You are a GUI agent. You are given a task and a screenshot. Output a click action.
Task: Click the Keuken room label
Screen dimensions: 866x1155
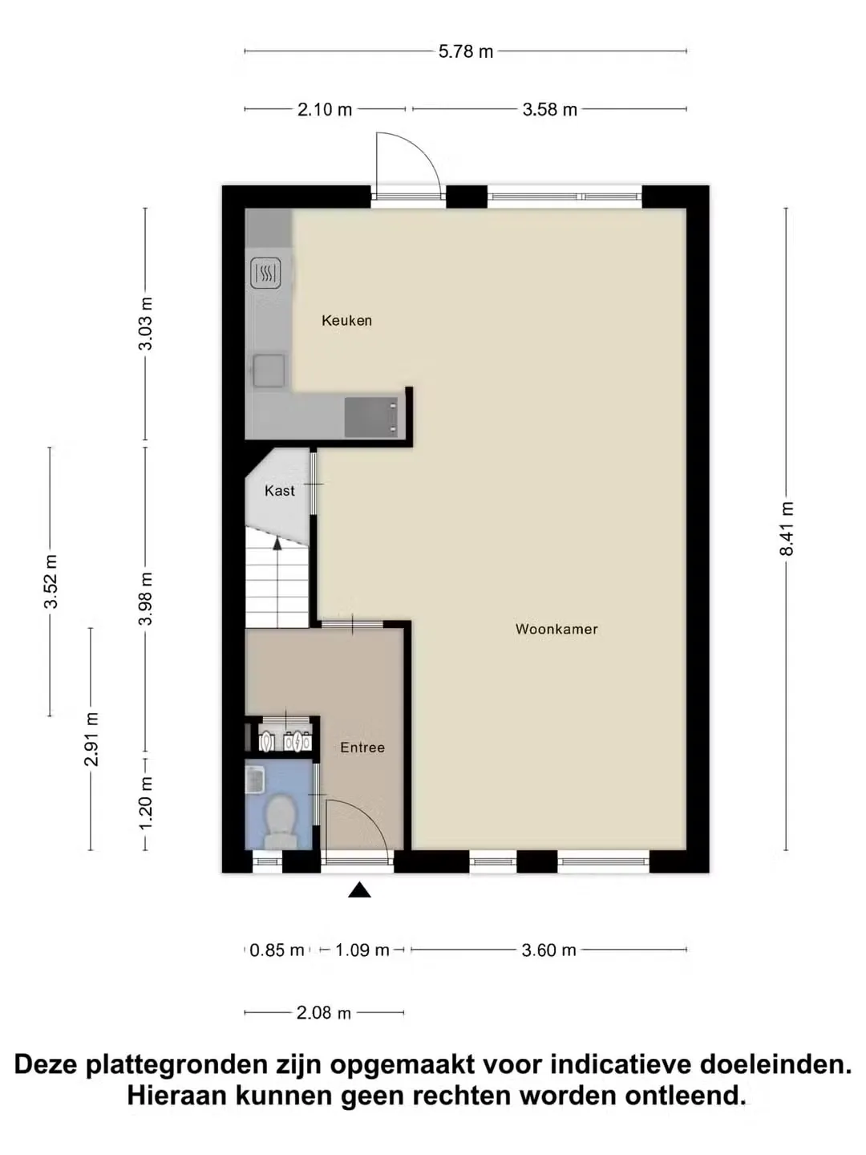346,321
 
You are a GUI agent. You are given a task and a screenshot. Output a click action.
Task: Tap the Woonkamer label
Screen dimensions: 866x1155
556,629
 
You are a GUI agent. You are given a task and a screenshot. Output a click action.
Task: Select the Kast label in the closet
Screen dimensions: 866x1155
279,491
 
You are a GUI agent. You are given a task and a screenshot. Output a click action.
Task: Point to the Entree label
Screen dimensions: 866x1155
362,748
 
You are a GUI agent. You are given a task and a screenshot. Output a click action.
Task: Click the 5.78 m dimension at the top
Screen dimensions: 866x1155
466,51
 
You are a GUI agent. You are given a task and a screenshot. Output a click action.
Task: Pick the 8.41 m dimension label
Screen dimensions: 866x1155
787,528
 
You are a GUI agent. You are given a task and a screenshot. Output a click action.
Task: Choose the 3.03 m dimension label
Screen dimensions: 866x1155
145,323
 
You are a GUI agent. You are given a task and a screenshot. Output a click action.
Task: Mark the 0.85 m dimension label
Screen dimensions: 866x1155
277,950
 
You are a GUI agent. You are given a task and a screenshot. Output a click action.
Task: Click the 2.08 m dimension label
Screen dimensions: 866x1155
323,1013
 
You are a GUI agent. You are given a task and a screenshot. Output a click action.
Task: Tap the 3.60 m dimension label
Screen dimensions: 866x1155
548,950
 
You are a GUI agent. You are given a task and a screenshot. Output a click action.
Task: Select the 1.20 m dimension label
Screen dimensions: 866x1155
145,802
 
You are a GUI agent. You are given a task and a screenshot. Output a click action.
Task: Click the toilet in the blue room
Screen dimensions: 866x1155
281,821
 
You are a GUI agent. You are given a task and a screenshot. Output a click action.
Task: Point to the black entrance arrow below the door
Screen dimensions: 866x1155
360,890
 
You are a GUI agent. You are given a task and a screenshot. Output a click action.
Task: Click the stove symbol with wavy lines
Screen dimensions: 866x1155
265,273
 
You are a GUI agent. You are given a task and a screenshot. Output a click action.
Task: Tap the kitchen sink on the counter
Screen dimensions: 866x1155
269,371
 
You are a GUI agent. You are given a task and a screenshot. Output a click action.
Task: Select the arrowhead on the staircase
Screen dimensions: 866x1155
277,544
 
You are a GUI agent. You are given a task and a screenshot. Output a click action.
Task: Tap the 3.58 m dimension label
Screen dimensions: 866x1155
549,109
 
